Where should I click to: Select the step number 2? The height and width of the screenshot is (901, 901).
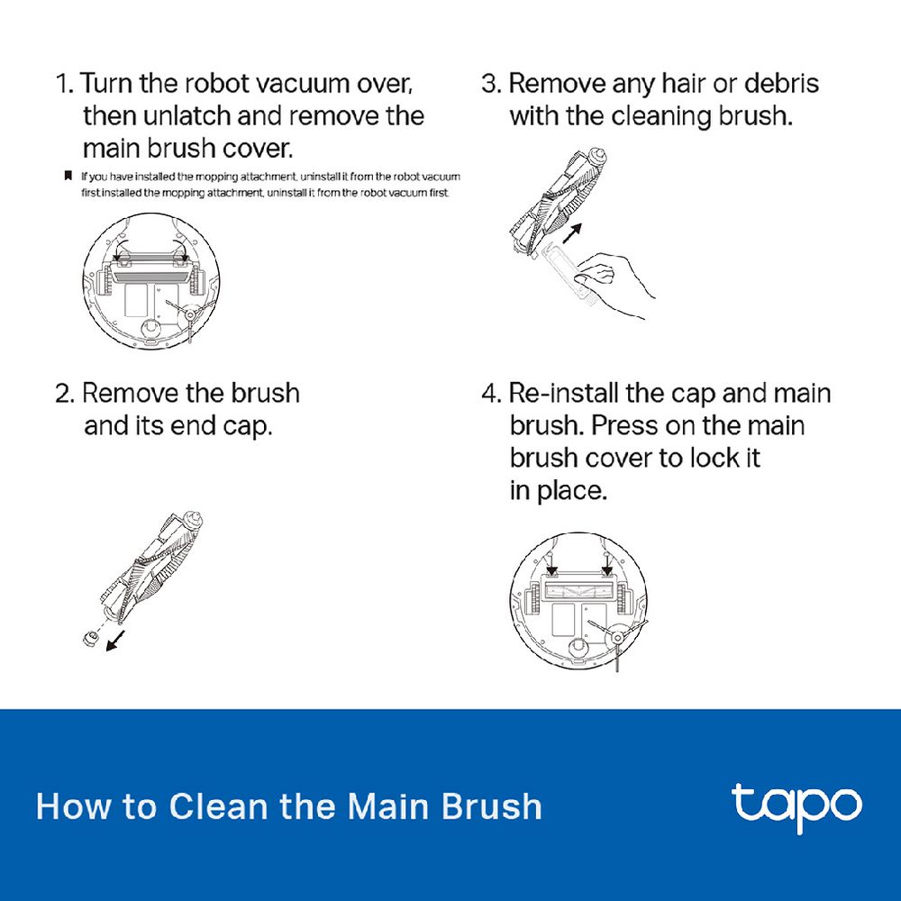(x=65, y=394)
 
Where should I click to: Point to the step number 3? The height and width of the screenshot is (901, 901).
(x=491, y=83)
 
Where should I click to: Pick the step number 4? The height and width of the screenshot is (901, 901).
(x=491, y=394)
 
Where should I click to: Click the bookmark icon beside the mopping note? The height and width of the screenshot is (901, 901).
(x=68, y=176)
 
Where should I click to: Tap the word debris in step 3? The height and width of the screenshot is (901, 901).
(x=781, y=83)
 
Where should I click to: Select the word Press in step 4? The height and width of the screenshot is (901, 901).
(x=624, y=426)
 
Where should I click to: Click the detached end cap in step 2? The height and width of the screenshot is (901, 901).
(x=90, y=637)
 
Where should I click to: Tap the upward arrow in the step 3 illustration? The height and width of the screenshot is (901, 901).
(x=572, y=233)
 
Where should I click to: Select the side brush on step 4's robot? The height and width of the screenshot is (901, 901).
(x=616, y=638)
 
